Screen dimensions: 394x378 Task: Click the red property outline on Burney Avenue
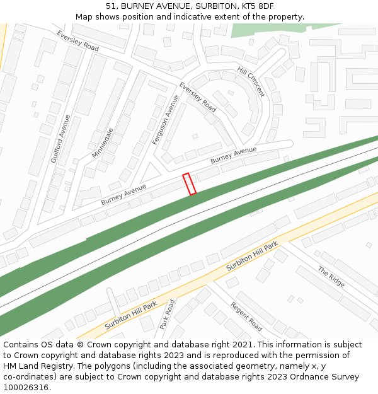point(189,183)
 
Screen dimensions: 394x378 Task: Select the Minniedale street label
point(101,143)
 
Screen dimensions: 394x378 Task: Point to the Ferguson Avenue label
point(166,120)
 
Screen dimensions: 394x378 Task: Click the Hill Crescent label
point(251,82)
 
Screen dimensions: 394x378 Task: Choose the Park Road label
point(167,314)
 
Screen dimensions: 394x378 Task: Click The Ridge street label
point(331,277)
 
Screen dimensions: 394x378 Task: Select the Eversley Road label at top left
point(77,41)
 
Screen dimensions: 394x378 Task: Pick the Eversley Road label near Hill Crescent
point(197,98)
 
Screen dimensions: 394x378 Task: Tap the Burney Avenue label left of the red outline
point(123,194)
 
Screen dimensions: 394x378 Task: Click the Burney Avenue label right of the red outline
point(234,155)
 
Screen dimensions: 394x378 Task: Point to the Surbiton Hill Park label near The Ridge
point(252,256)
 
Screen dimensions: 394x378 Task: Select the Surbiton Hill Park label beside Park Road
point(130,316)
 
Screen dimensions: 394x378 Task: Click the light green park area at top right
point(271,30)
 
